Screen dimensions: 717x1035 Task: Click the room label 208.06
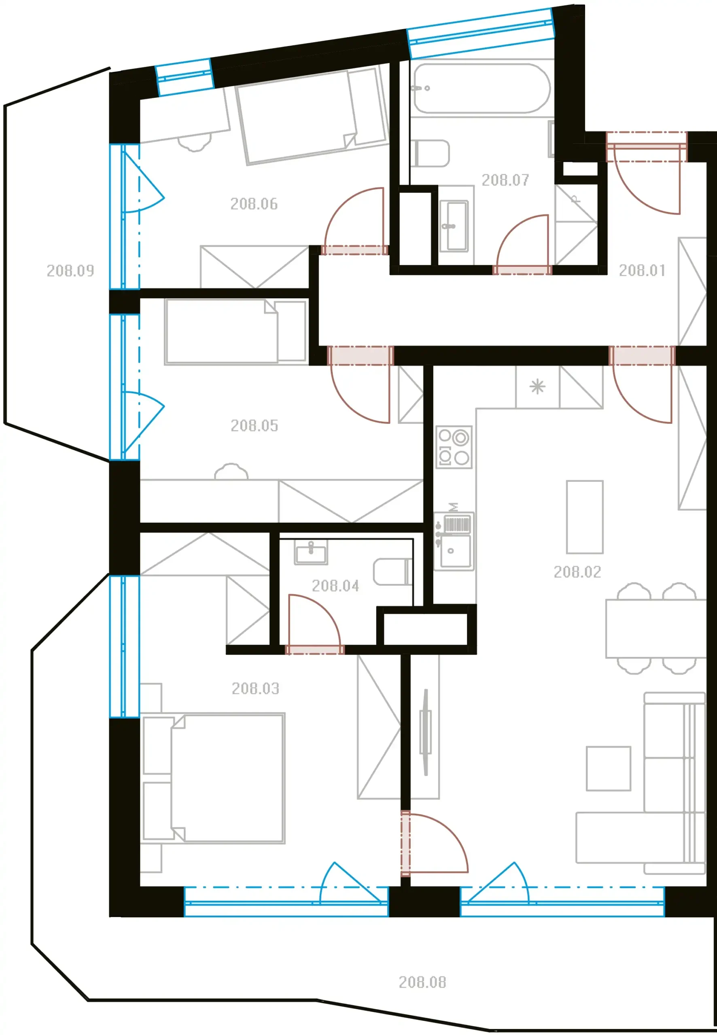pyautogui.click(x=254, y=204)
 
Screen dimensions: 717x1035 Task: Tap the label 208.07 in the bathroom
pyautogui.click(x=505, y=180)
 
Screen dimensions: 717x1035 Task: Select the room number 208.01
pyautogui.click(x=642, y=270)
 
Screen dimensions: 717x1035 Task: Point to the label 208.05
pyautogui.click(x=254, y=425)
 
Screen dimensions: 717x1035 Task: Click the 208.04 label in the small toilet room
pyautogui.click(x=335, y=586)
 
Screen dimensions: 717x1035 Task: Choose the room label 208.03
pyautogui.click(x=255, y=688)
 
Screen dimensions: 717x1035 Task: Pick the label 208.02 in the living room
pyautogui.click(x=577, y=572)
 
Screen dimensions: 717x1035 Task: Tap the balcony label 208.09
pyautogui.click(x=70, y=270)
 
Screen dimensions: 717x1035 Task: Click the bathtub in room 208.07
pyautogui.click(x=482, y=89)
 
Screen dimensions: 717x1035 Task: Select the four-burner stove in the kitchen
pyautogui.click(x=454, y=447)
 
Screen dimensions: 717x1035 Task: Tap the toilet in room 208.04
pyautogui.click(x=392, y=572)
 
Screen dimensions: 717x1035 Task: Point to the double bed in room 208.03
pyautogui.click(x=213, y=778)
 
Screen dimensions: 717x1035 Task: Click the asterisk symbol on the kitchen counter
pyautogui.click(x=537, y=387)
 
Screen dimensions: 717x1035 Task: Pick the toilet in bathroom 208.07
pyautogui.click(x=430, y=153)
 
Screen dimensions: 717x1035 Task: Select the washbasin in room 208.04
pyautogui.click(x=311, y=552)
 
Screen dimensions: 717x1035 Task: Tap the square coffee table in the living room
pyautogui.click(x=608, y=769)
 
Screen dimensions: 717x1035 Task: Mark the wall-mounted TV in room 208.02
pyautogui.click(x=425, y=733)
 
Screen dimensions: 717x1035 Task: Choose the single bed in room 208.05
pyautogui.click(x=236, y=331)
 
